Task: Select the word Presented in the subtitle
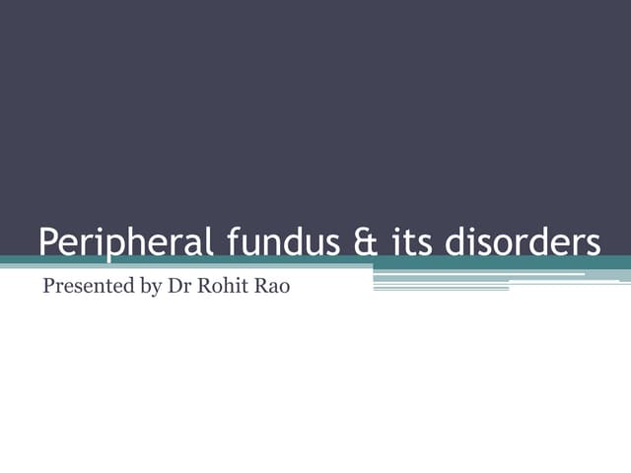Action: click(x=84, y=290)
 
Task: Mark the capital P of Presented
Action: click(x=48, y=290)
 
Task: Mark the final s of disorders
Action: click(x=593, y=245)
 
